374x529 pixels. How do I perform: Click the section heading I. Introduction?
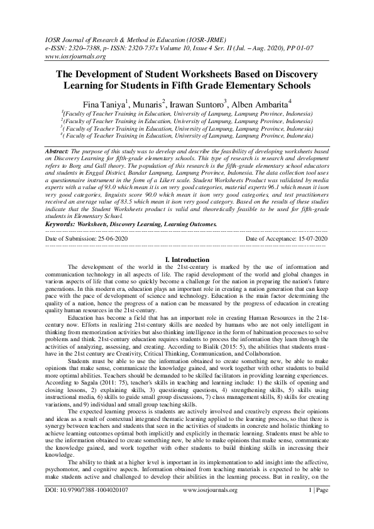pos(187,259)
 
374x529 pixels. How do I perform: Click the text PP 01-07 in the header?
pos(267,46)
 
